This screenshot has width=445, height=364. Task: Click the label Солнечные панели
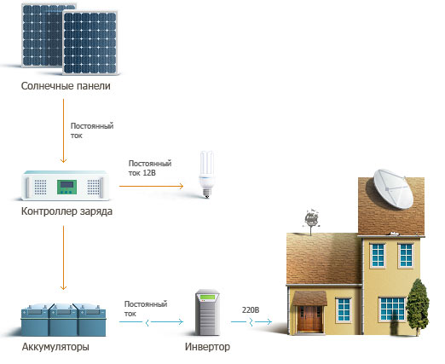(x=66, y=86)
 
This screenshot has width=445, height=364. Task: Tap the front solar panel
(x=90, y=43)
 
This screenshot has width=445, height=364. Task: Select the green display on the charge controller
(x=66, y=187)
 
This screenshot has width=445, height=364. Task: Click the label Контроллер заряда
(x=66, y=211)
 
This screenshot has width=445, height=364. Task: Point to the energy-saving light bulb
(x=206, y=174)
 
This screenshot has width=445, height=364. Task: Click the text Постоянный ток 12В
(x=150, y=168)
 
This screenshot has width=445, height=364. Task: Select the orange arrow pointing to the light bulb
(x=151, y=186)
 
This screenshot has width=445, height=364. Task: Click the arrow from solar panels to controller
(x=63, y=130)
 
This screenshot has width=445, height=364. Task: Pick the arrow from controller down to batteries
(x=63, y=257)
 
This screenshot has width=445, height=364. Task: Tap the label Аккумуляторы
(x=55, y=347)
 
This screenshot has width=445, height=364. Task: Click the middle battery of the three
(x=63, y=321)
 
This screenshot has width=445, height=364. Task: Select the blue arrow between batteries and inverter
(x=151, y=322)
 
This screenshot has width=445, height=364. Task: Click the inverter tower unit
(x=207, y=312)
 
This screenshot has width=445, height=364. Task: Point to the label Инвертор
(x=207, y=347)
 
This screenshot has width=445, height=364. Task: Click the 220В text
(x=251, y=309)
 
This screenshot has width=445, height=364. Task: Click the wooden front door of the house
(x=309, y=319)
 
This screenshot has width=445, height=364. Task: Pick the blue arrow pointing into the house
(x=251, y=322)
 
